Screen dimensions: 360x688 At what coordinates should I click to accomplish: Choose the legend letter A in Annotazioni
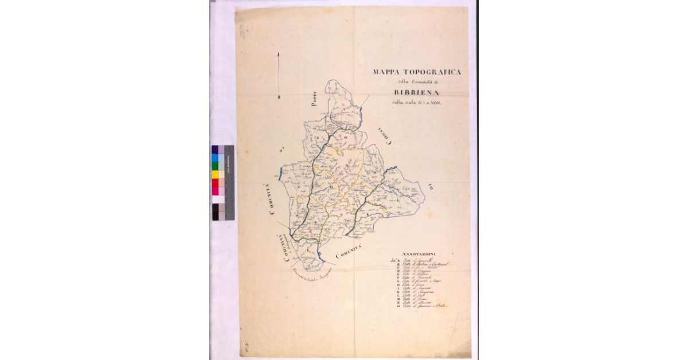[x=399, y=260]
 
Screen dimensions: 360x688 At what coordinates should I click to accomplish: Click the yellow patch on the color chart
[x=215, y=174]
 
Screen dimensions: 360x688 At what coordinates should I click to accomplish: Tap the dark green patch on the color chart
[x=215, y=166]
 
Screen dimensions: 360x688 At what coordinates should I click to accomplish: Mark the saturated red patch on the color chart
[x=215, y=183]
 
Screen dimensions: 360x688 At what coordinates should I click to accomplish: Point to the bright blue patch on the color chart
[x=215, y=158]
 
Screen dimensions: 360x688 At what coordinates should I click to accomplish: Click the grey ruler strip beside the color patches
[x=229, y=182]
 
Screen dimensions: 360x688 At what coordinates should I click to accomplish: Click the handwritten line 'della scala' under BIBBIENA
[x=419, y=103]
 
